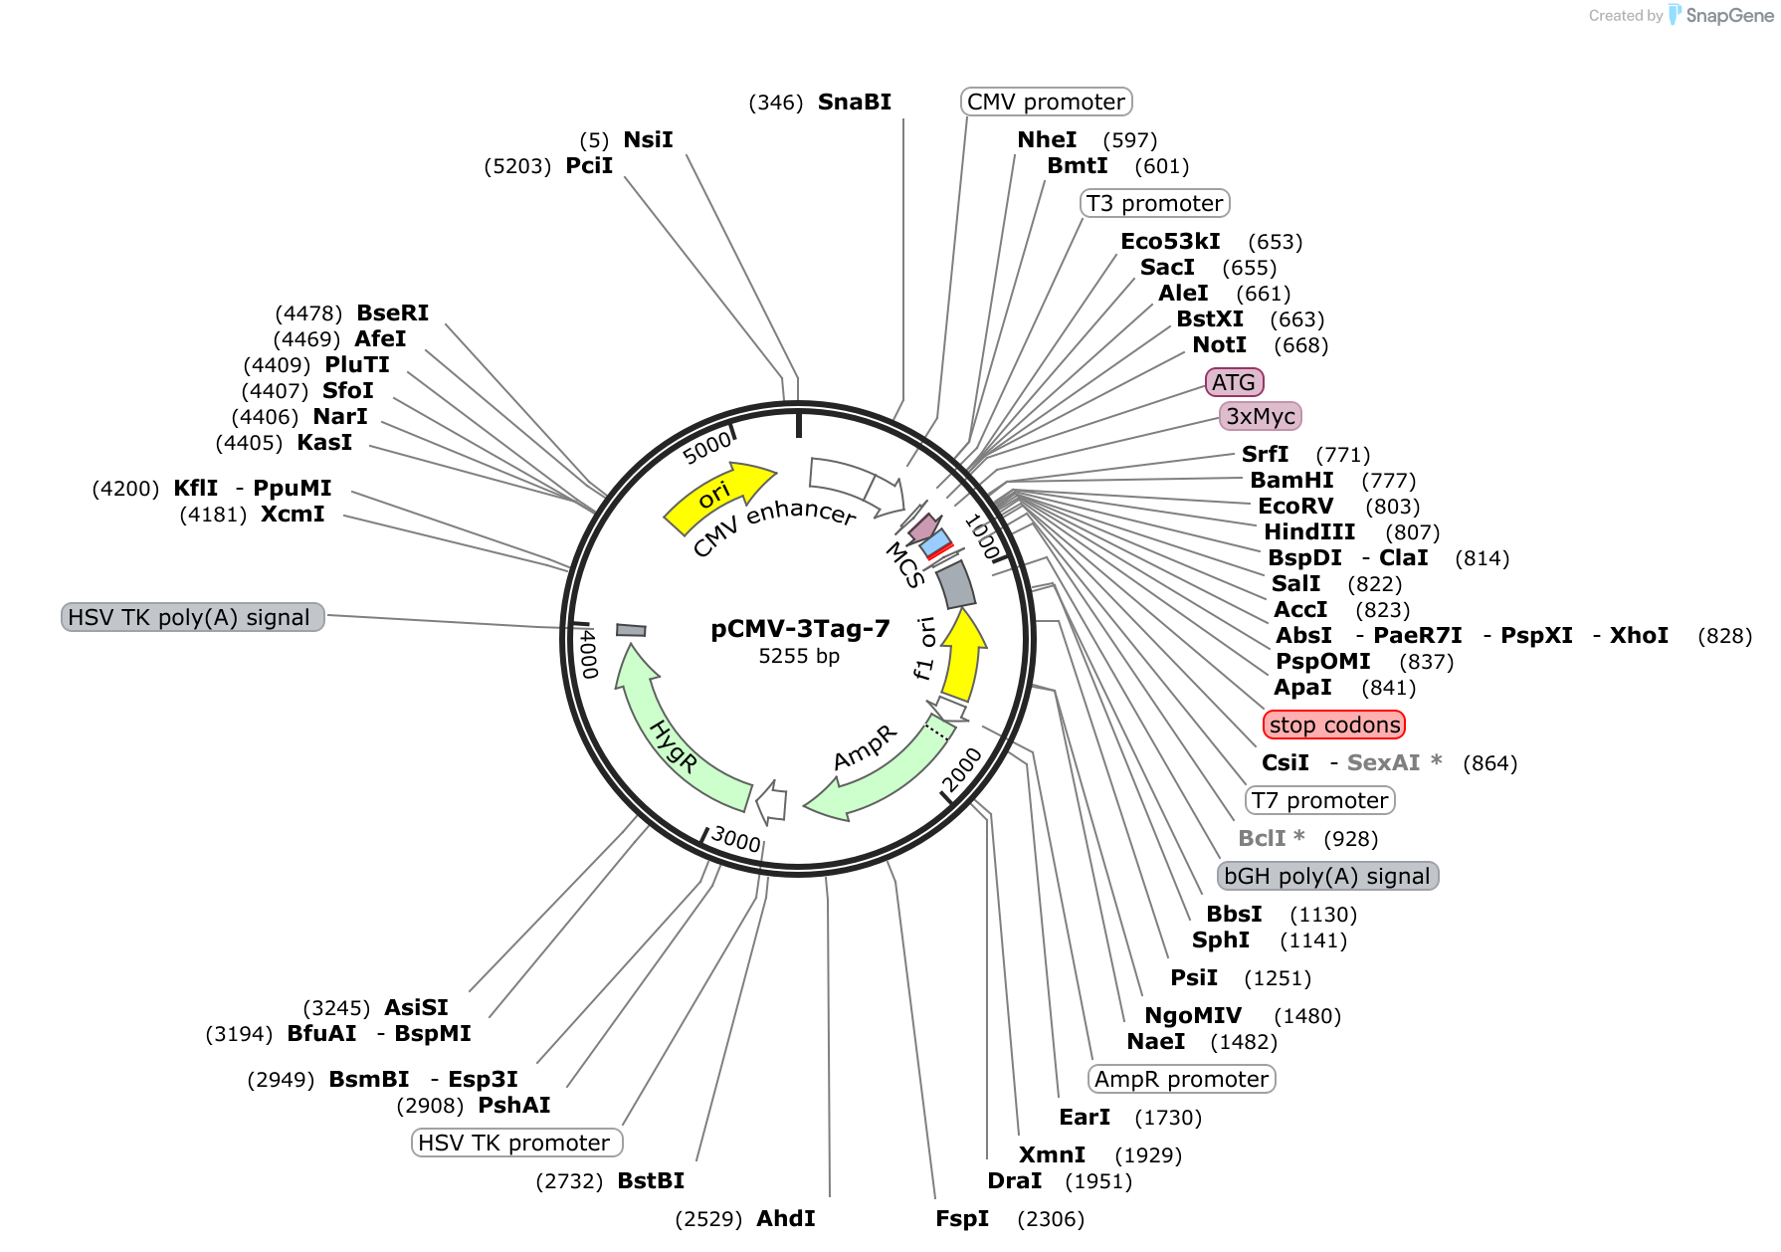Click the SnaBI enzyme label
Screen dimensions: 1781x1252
(x=854, y=103)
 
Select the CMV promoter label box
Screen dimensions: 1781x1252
(x=1046, y=102)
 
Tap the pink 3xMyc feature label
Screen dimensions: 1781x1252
(x=1261, y=416)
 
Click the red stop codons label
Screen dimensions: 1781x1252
(x=1334, y=725)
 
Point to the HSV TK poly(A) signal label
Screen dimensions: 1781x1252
(x=193, y=617)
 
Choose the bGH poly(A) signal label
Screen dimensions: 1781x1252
(x=1327, y=876)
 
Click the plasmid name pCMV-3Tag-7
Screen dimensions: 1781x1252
(x=800, y=629)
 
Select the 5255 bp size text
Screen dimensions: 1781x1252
(x=799, y=657)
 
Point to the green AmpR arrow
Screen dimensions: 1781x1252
(x=876, y=771)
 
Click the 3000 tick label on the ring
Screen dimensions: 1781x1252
(x=736, y=839)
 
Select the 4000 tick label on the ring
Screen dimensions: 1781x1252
(x=588, y=653)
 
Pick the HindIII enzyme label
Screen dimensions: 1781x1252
(x=1308, y=532)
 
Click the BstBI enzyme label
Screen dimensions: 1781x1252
(x=651, y=1181)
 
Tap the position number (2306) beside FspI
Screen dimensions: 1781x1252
(x=1051, y=1219)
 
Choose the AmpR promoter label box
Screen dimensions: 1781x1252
(x=1182, y=1079)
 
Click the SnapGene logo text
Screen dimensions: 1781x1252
(x=1729, y=16)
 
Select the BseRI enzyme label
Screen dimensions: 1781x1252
(x=392, y=313)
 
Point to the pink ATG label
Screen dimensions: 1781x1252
(x=1234, y=382)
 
